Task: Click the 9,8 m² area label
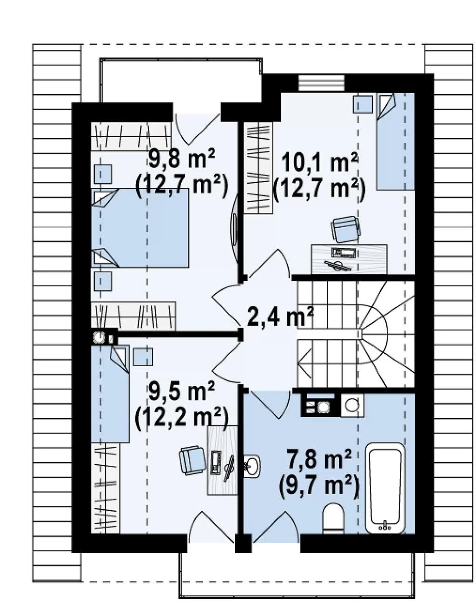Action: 182,159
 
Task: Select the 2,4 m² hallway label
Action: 280,317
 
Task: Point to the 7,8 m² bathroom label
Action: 319,460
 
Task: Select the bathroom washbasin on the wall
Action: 252,465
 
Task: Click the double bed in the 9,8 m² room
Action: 140,228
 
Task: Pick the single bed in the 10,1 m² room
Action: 396,142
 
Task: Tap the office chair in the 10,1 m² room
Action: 346,229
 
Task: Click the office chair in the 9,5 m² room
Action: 192,460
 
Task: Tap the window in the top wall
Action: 322,83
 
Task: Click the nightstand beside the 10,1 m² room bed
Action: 363,104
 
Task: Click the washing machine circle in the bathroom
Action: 352,405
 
